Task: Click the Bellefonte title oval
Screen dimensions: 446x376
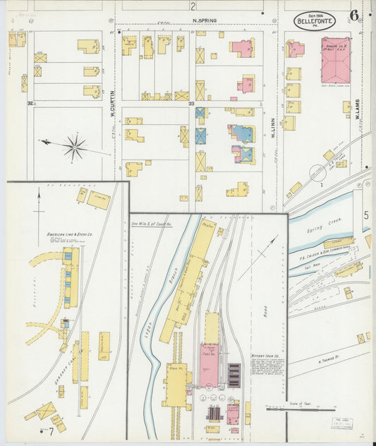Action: [315, 20]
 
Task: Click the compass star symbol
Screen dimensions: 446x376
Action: [73, 147]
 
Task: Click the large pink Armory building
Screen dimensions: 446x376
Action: [335, 61]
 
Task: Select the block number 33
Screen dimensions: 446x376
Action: [191, 104]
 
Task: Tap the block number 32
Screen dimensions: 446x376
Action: [30, 104]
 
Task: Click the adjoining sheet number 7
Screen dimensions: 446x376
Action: [50, 430]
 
